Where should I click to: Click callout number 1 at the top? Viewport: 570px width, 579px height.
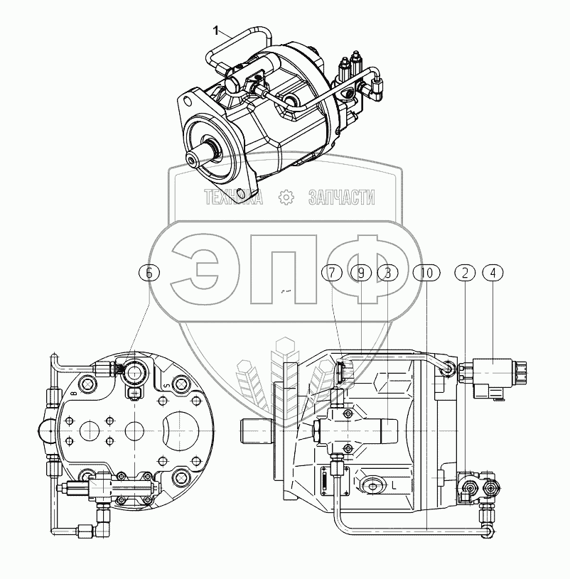tap(216, 31)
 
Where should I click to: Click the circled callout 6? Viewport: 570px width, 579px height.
tap(149, 273)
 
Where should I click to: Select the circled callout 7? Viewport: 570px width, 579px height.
tap(332, 273)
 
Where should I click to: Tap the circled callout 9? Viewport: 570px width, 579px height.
tap(361, 273)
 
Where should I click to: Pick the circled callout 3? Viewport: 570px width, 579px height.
tap(387, 273)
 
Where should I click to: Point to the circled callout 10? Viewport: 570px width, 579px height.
tap(426, 273)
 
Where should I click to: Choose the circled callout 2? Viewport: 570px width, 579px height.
tap(465, 273)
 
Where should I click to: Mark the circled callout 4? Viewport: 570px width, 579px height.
tap(493, 273)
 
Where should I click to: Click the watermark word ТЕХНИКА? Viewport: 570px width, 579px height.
tap(233, 197)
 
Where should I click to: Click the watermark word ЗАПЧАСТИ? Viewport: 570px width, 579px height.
tap(342, 197)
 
